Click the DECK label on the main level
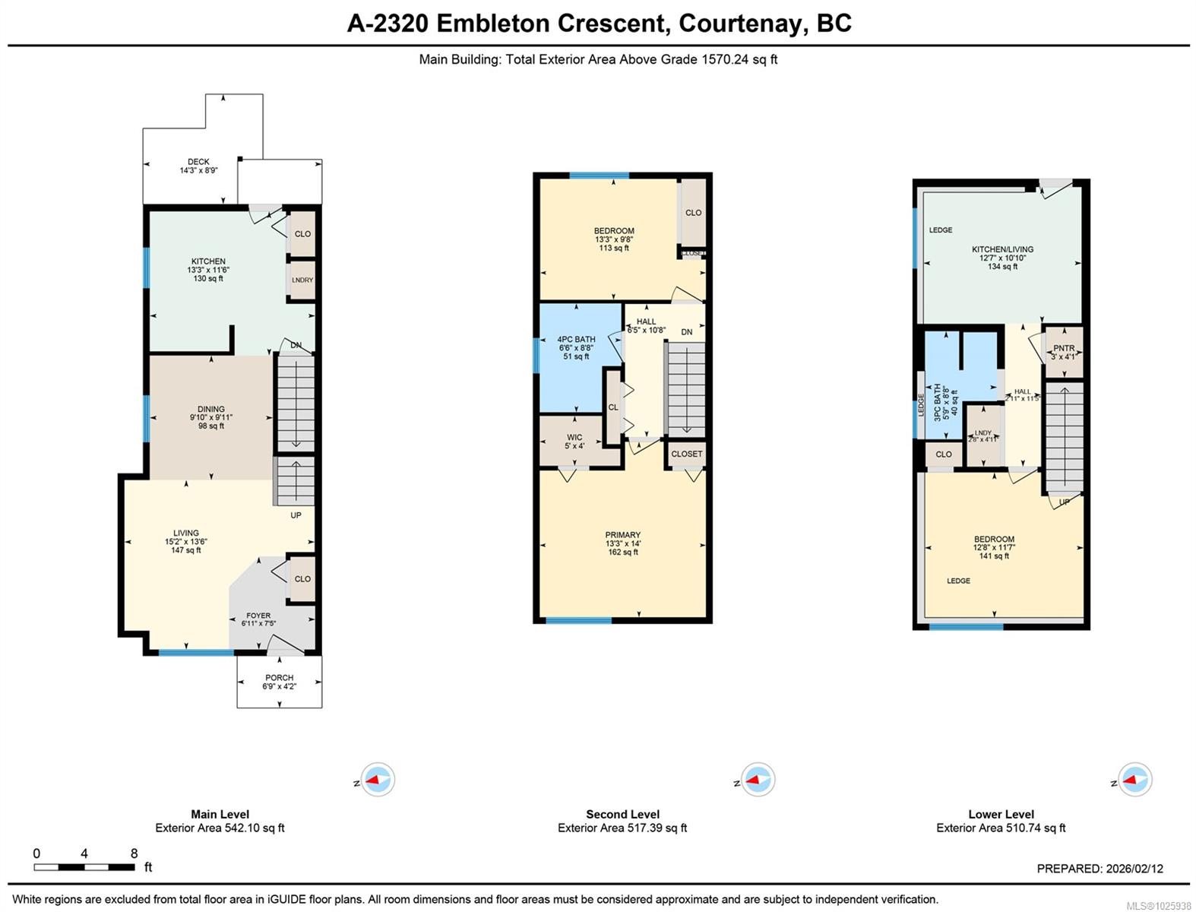click(198, 162)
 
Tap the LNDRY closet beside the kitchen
click(302, 280)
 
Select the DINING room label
click(210, 410)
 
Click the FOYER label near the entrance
click(258, 616)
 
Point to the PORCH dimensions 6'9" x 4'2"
click(279, 686)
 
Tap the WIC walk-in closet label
click(574, 438)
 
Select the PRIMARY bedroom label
click(622, 535)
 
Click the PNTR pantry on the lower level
click(1063, 349)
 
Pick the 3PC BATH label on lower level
click(938, 402)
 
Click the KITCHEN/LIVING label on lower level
click(1002, 249)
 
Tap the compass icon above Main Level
click(377, 780)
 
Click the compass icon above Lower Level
click(1134, 780)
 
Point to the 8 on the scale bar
click(134, 853)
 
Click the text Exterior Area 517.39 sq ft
click(622, 828)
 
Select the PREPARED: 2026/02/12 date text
click(1099, 869)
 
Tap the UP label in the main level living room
click(296, 515)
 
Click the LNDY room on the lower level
click(983, 435)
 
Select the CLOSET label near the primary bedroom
click(686, 454)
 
